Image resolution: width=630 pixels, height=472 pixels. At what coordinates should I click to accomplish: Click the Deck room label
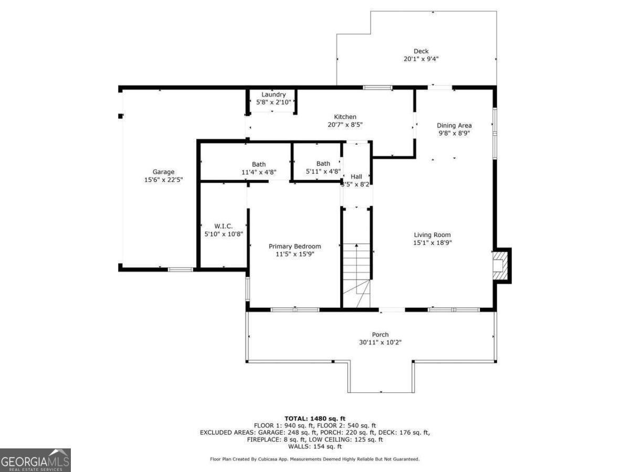(421, 51)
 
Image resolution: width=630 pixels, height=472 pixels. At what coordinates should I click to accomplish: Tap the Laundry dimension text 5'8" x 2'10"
(273, 102)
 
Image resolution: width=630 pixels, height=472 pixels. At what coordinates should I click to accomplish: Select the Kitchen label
(345, 117)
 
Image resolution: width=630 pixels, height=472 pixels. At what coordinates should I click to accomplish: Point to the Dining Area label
(454, 125)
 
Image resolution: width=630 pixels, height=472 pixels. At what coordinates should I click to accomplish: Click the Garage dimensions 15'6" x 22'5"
(163, 180)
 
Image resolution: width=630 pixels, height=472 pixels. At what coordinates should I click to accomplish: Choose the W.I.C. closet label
(223, 226)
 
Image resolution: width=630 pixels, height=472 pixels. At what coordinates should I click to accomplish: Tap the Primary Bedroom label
(295, 246)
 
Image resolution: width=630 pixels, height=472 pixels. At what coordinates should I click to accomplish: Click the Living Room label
(432, 235)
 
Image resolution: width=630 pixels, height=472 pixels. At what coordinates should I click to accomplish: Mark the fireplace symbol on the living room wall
(500, 265)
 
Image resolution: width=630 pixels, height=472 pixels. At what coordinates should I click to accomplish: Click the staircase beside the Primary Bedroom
(356, 275)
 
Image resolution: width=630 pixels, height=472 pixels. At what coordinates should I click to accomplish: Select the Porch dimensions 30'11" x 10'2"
(380, 342)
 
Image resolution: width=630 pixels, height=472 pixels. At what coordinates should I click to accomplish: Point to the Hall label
(356, 177)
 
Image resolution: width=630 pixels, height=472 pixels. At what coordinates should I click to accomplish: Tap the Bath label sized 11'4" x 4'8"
(259, 165)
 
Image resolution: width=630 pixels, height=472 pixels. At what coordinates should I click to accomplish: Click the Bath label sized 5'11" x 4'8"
(323, 164)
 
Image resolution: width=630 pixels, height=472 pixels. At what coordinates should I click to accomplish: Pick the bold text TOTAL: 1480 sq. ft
(315, 419)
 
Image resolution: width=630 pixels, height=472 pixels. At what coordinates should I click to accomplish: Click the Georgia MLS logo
(35, 460)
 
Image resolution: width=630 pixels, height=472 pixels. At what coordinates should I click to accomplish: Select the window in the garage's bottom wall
(180, 270)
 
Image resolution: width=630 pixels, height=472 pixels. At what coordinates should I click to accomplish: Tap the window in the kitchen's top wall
(377, 88)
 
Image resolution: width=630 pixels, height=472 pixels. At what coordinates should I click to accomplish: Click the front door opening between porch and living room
(392, 309)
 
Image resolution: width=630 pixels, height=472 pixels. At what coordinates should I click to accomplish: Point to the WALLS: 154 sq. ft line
(315, 446)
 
